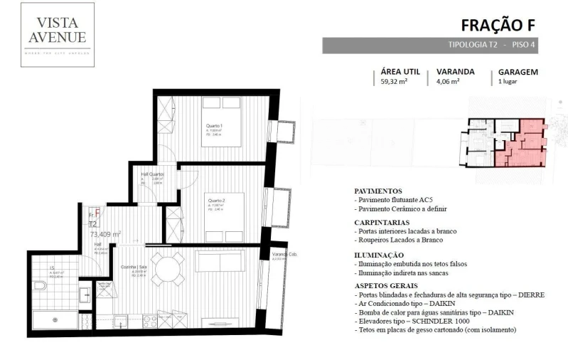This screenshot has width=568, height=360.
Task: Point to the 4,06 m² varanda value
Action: click(447, 82)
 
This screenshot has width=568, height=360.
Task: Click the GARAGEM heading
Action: click(518, 72)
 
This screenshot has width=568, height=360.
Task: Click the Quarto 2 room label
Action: click(216, 201)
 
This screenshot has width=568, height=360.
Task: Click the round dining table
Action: click(170, 270)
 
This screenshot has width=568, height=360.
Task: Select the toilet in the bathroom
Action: click(39, 286)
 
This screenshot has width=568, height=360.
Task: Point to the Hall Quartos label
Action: click(152, 174)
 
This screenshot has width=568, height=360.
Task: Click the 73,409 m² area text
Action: click(105, 233)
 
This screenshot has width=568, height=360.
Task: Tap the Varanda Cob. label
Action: click(283, 254)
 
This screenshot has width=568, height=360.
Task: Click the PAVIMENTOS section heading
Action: click(377, 191)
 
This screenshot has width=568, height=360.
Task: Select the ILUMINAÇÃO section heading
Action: click(379, 254)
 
